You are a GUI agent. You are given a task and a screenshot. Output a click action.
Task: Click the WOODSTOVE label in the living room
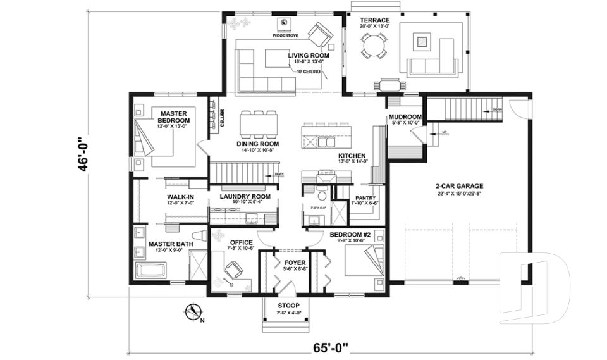click(x=285, y=36)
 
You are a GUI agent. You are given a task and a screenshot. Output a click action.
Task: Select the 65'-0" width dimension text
click(x=331, y=348)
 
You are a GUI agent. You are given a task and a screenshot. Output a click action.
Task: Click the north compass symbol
click(x=195, y=311)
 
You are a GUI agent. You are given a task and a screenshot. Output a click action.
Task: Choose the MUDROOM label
click(x=405, y=117)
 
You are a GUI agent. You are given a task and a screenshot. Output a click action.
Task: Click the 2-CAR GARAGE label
click(x=459, y=186)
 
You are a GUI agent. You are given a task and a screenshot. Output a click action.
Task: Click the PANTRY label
click(x=366, y=197)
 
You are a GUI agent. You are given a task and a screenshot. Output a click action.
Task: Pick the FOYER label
click(x=294, y=261)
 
